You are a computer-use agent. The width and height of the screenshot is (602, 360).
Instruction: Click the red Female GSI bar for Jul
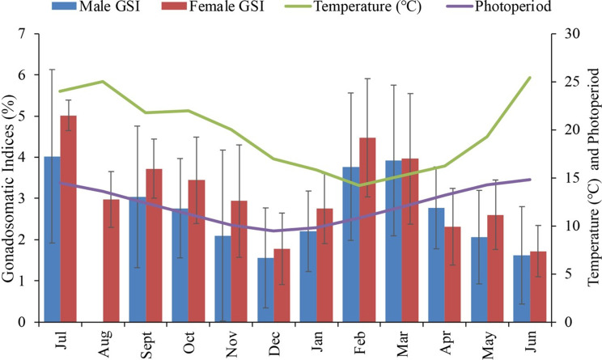pyautogui.click(x=69, y=218)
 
